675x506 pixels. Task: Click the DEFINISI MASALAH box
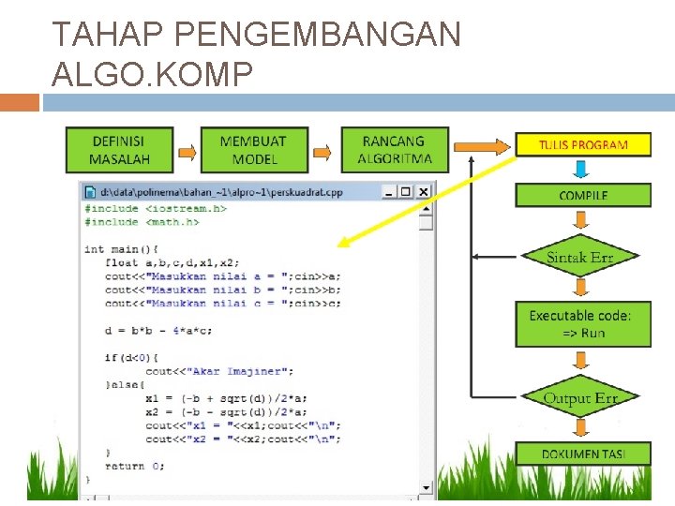coord(119,150)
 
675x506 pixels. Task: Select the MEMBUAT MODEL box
coord(253,150)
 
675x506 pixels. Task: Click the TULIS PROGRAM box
coord(582,144)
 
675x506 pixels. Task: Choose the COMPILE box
coord(582,195)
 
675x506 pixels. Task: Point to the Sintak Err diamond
coord(579,256)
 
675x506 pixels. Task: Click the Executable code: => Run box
coord(582,324)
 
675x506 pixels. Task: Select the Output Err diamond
coord(580,398)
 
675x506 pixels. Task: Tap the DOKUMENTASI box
coord(582,454)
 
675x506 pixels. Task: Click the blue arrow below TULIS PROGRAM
coord(581,169)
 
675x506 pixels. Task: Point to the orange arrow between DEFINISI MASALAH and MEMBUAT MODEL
coord(187,151)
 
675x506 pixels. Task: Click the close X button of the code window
coord(423,192)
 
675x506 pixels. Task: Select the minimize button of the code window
coord(389,192)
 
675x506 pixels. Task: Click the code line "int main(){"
coord(121,249)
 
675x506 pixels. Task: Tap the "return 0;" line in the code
coord(135,466)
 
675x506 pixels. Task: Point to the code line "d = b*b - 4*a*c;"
coord(159,330)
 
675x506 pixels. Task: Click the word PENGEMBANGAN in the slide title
coord(318,35)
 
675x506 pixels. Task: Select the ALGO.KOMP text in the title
coord(152,73)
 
